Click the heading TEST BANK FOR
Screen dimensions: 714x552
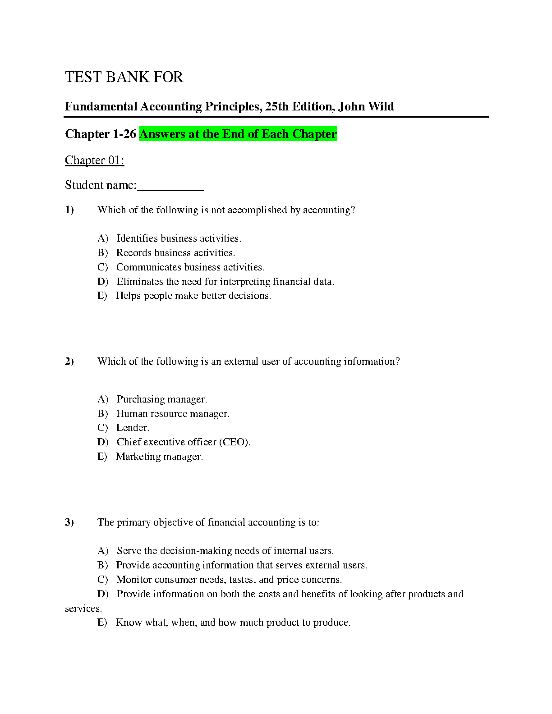click(124, 77)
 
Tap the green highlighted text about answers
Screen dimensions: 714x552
click(238, 134)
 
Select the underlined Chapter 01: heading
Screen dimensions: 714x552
click(94, 160)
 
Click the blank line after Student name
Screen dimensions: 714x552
click(170, 186)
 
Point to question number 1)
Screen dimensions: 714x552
click(69, 210)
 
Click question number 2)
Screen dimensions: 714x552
click(69, 361)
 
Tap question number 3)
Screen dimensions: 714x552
click(69, 522)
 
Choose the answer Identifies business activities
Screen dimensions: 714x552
click(179, 238)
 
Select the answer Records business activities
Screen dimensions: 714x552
click(175, 252)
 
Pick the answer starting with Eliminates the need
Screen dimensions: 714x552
click(225, 281)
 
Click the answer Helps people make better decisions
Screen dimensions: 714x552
click(193, 296)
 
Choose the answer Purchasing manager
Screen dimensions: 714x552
click(161, 399)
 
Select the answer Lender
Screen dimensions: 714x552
click(133, 427)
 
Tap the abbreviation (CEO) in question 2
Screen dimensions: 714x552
click(234, 442)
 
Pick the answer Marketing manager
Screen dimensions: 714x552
click(159, 456)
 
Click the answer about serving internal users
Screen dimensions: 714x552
click(225, 550)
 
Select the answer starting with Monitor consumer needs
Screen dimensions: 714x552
click(229, 579)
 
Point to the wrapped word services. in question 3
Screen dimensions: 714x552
click(83, 608)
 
